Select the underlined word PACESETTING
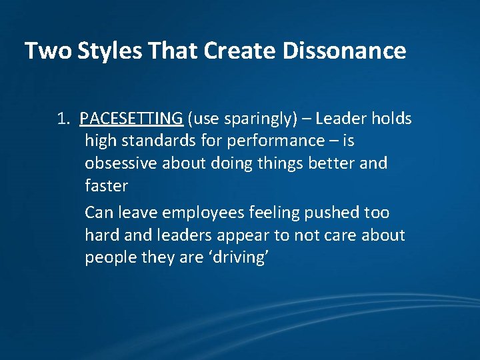pos(131,119)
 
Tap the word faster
pos(106,186)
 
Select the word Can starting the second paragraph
pos(99,213)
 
